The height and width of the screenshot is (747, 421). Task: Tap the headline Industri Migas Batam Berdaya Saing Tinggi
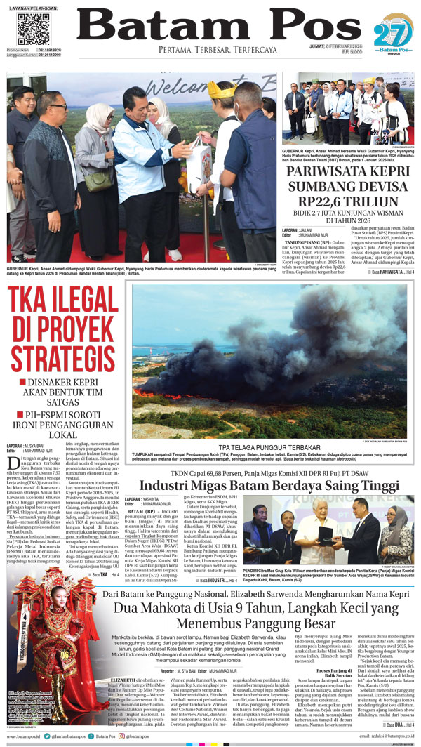pyautogui.click(x=269, y=485)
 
